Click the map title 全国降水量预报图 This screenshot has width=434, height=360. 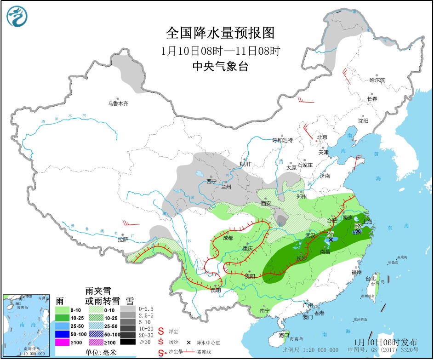(x=220, y=34)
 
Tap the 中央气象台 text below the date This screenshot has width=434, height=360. (x=220, y=66)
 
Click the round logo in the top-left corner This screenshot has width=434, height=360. (x=17, y=17)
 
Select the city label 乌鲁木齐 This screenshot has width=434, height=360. (x=118, y=104)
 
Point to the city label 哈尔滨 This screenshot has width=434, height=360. (x=377, y=80)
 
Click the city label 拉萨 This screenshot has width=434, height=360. (x=122, y=240)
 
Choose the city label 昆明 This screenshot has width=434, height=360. (x=216, y=290)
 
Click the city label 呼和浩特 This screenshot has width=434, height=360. (x=282, y=140)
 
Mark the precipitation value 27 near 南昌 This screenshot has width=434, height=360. (x=330, y=234)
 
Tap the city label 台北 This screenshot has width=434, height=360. (x=370, y=279)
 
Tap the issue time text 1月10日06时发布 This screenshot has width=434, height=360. (x=386, y=342)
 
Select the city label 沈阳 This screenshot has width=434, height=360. (x=363, y=121)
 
